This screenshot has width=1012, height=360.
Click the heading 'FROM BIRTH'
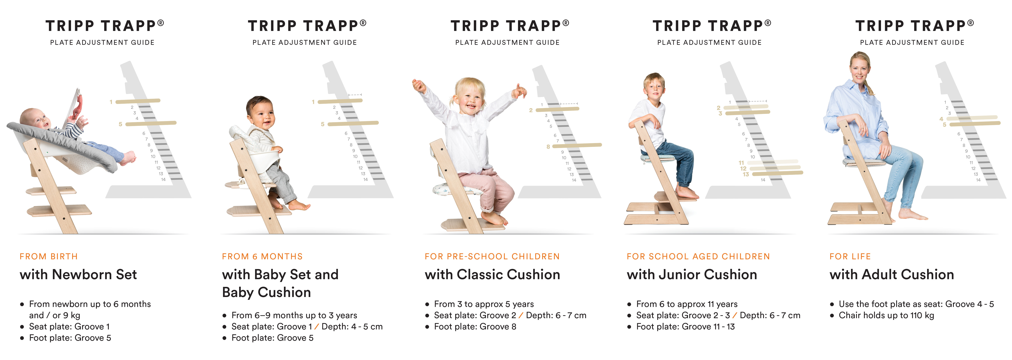tap(49, 257)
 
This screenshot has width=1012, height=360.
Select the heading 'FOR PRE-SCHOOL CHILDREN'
tap(492, 257)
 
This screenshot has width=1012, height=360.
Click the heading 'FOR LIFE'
tap(850, 257)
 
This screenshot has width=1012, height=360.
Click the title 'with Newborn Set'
tap(78, 274)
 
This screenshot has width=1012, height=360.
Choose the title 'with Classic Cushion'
tap(492, 274)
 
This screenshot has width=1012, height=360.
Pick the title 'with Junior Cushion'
tap(692, 274)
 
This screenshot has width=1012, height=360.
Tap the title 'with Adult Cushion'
tap(892, 274)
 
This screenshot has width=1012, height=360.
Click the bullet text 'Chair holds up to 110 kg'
tap(886, 315)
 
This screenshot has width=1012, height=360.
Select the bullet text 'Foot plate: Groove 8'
tap(475, 327)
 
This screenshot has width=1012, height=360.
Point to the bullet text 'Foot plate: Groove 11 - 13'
tap(686, 327)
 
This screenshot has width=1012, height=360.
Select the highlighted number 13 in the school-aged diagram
tap(746, 174)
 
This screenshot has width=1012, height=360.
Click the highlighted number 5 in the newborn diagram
tap(121, 124)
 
